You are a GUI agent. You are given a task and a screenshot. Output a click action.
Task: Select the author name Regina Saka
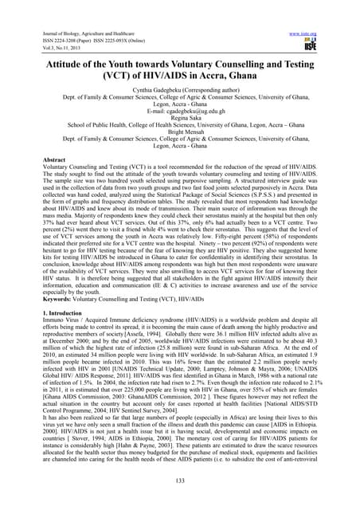(x=180, y=120)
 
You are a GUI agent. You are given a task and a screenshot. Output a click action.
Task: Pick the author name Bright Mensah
(x=180, y=135)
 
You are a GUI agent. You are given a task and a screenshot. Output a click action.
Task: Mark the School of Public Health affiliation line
(x=180, y=127)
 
